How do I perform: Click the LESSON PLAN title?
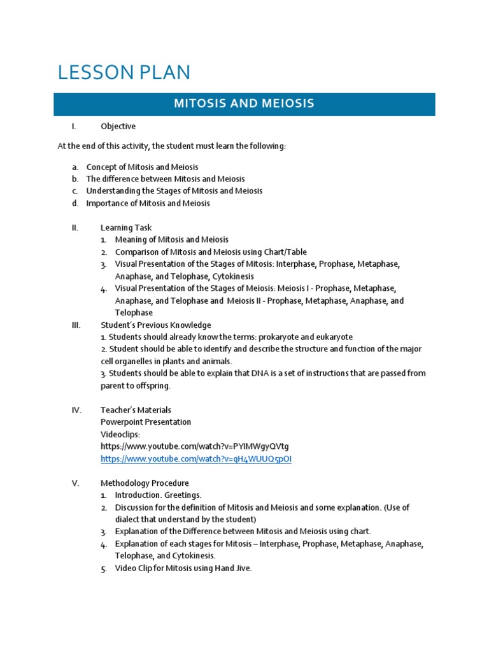click(124, 72)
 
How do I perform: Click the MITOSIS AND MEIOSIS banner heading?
click(244, 104)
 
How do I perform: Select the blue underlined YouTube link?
click(195, 458)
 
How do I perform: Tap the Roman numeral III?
click(76, 325)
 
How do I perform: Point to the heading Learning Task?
click(126, 227)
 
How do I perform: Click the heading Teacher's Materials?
click(136, 410)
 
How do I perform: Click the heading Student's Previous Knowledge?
click(155, 325)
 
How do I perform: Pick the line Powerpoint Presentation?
click(146, 422)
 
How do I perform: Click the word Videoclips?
click(120, 434)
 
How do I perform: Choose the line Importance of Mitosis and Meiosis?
click(148, 203)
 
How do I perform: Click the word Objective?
click(118, 126)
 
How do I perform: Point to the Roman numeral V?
click(75, 483)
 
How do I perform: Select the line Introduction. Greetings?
click(158, 495)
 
